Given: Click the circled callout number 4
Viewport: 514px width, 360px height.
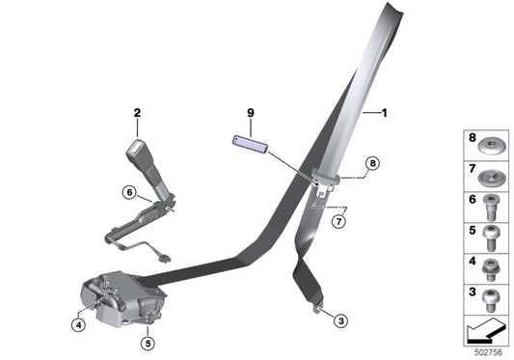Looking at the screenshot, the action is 78,325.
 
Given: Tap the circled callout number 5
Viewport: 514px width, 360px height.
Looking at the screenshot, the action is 148,344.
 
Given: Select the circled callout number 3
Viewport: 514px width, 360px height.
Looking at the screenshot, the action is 341,320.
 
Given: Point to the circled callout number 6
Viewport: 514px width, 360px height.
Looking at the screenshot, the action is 129,192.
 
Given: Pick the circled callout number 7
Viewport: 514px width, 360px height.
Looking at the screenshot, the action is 338,221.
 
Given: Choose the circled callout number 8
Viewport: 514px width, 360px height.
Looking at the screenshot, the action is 372,163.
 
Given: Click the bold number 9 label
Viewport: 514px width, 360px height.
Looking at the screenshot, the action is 251,113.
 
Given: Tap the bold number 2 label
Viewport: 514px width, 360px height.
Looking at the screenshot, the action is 137,113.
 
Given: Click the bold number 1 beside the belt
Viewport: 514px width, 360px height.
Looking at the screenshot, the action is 385,113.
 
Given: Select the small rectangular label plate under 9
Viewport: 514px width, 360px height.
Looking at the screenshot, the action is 250,145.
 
